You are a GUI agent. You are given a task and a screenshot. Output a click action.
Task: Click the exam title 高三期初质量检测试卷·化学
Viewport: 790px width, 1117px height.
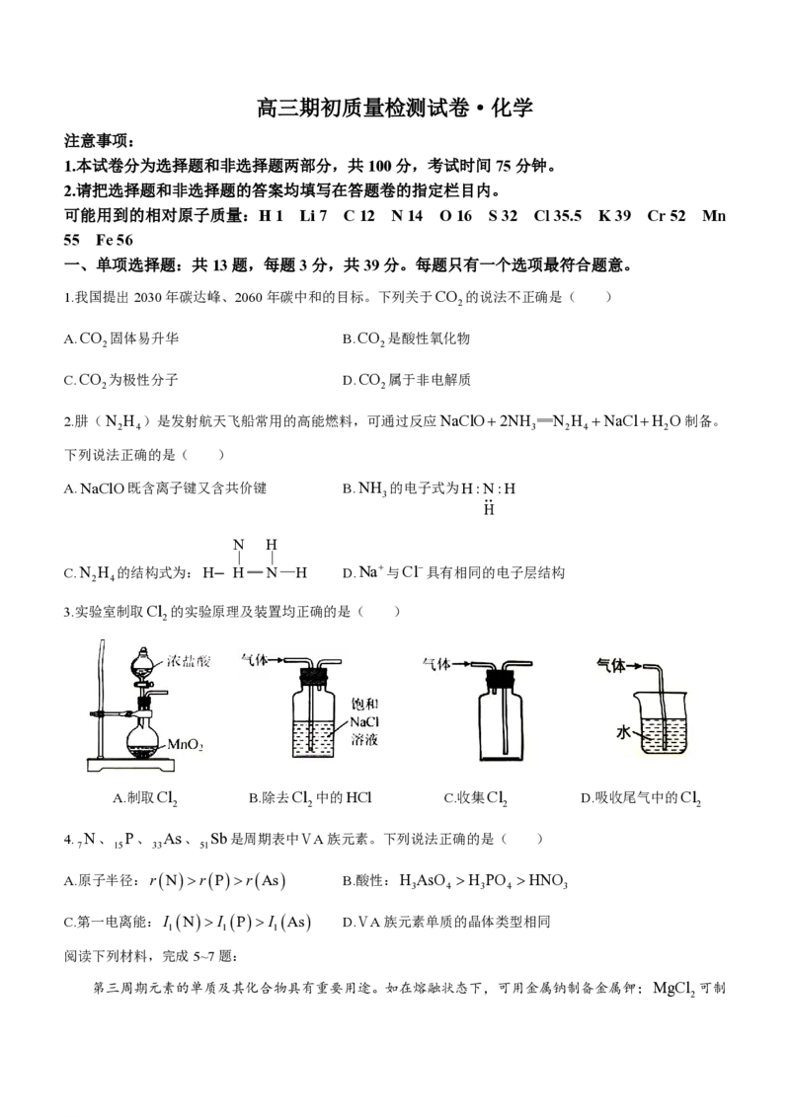point(394,108)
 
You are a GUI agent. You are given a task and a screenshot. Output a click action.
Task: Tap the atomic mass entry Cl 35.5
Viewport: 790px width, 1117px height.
point(558,216)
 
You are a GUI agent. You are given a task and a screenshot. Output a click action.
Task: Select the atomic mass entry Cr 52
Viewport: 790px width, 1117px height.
point(666,216)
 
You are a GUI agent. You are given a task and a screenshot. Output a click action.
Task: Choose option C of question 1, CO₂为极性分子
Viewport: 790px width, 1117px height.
point(121,381)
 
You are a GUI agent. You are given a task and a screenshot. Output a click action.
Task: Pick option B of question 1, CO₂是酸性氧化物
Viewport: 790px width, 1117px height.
point(407,339)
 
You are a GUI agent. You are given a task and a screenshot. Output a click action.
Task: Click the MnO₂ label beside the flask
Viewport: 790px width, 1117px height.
point(186,745)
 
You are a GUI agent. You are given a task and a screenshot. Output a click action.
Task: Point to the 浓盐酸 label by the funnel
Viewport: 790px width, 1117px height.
point(189,661)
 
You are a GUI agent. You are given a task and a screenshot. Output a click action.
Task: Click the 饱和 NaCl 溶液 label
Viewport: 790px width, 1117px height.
point(364,721)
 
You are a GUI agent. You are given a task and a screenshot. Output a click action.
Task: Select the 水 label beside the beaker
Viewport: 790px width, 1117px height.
point(624,731)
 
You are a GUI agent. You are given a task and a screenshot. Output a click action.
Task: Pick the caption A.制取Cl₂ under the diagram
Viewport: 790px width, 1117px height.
point(145,798)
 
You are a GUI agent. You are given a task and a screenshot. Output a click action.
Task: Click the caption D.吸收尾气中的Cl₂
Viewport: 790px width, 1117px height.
point(641,798)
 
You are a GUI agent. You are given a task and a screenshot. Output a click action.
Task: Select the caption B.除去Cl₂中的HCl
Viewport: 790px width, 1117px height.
point(311,798)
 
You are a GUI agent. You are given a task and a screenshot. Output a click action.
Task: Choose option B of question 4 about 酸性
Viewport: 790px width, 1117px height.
point(455,881)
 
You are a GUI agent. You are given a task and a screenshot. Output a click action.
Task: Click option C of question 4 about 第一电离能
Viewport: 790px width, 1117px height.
point(188,923)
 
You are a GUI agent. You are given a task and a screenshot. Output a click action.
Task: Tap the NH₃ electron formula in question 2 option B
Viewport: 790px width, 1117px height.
point(489,497)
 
